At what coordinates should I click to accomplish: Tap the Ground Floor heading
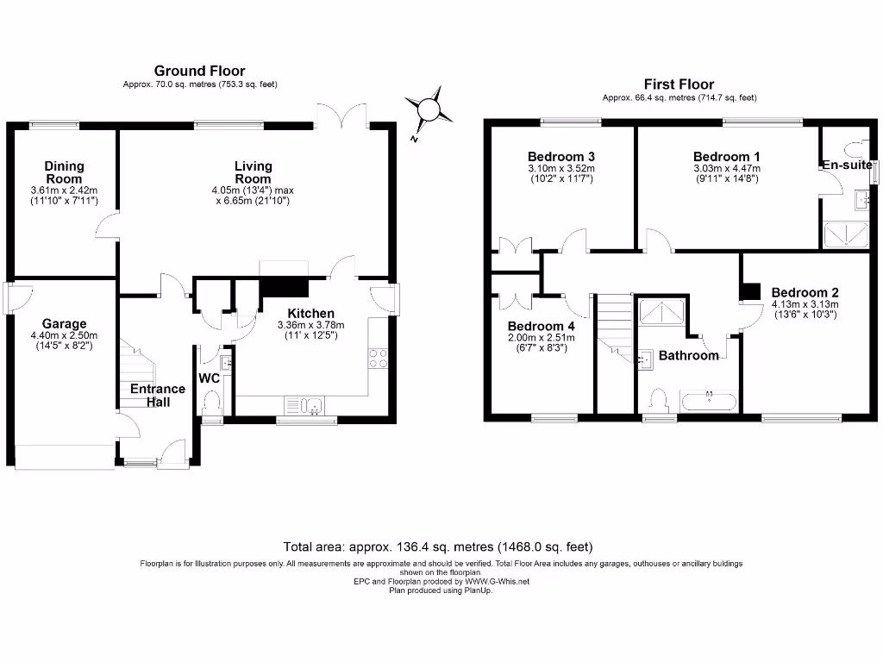pyautogui.click(x=199, y=71)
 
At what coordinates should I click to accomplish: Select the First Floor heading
pyautogui.click(x=679, y=84)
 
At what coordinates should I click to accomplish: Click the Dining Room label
pyautogui.click(x=65, y=172)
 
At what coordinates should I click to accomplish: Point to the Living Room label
pyautogui.click(x=253, y=172)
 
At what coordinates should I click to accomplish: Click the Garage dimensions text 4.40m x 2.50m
pyautogui.click(x=53, y=335)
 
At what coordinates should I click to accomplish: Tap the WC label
pyautogui.click(x=210, y=378)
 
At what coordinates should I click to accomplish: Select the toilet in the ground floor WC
pyautogui.click(x=211, y=403)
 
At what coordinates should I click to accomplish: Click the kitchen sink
pyautogui.click(x=303, y=404)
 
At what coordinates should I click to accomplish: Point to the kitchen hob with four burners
pyautogui.click(x=378, y=358)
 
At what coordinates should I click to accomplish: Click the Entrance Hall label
pyautogui.click(x=157, y=395)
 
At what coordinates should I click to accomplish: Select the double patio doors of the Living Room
pyautogui.click(x=343, y=116)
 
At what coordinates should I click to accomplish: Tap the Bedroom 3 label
pyautogui.click(x=560, y=156)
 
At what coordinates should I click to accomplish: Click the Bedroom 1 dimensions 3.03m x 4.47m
pyautogui.click(x=726, y=168)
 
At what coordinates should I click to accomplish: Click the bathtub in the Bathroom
pyautogui.click(x=709, y=401)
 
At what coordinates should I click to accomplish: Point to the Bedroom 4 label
pyautogui.click(x=540, y=326)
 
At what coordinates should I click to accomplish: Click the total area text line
pyautogui.click(x=438, y=546)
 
